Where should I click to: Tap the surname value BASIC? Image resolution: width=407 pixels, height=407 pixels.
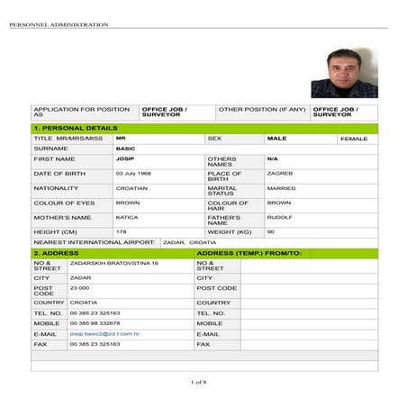125,148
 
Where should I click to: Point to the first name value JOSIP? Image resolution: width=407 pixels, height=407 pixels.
124,158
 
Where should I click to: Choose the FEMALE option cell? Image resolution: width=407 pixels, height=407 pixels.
354,139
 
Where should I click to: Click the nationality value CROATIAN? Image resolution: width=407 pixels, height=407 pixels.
131,188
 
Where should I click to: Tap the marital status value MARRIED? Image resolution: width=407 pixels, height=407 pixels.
281,188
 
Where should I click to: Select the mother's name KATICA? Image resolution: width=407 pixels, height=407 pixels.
127,217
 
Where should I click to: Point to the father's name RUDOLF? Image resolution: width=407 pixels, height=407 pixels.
279,217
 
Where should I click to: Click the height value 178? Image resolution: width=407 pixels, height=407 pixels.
121,231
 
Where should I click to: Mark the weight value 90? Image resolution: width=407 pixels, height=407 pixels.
271,231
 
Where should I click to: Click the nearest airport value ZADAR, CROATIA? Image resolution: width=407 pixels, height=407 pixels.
190,242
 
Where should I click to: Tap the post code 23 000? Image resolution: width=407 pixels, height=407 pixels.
80,287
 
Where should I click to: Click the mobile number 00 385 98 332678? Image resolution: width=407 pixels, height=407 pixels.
95,322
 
